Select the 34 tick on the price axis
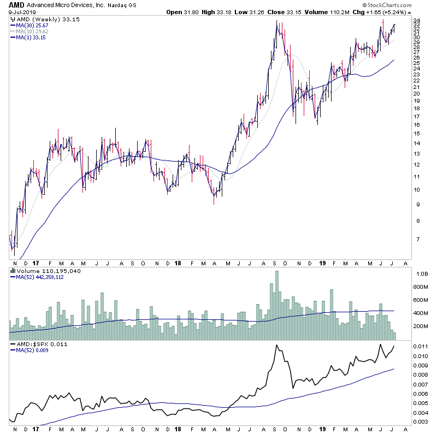point(416,21)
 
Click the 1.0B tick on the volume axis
point(421,274)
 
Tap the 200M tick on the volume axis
point(422,326)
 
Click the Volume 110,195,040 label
point(42,270)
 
